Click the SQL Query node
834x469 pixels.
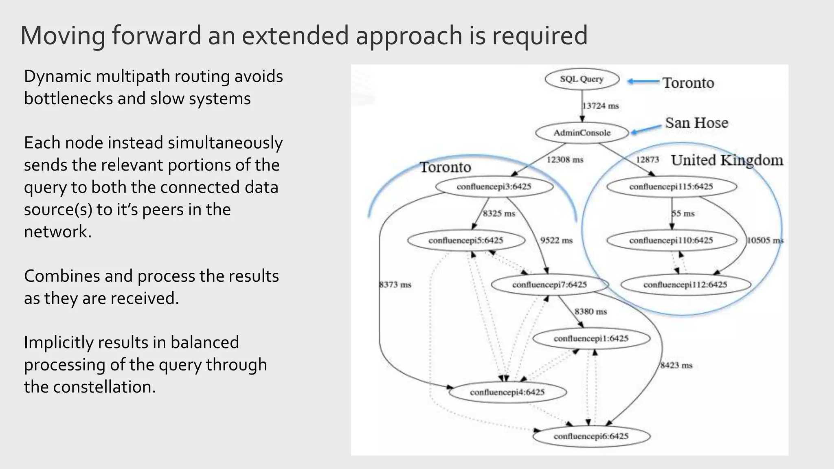pos(582,79)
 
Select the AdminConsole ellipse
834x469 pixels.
pos(582,133)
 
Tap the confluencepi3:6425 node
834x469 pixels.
pos(494,187)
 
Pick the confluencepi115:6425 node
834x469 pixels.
pos(671,187)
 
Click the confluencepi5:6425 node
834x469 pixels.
pos(466,241)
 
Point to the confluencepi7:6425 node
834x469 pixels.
pos(549,285)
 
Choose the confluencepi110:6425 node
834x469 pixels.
pos(671,241)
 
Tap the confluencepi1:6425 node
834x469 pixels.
pos(591,339)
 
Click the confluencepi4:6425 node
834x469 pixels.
pos(507,392)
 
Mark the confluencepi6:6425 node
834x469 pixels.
pos(591,436)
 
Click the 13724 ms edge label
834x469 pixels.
pos(601,106)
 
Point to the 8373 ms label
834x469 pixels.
pos(395,285)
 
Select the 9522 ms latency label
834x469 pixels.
pos(556,241)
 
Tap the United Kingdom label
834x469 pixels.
pos(727,160)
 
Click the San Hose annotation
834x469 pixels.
pos(696,123)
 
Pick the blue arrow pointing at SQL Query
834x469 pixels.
pos(643,82)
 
